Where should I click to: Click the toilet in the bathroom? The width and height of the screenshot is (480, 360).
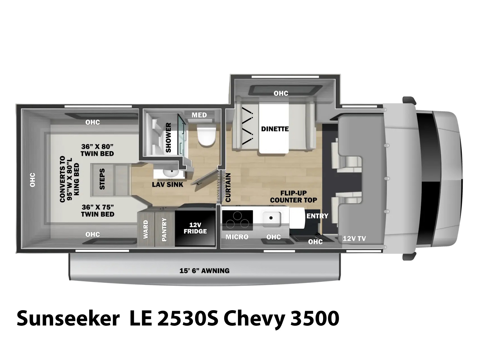(x=206, y=135)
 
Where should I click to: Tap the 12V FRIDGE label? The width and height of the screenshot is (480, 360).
(x=195, y=228)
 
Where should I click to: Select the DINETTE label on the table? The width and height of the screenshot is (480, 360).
(x=275, y=129)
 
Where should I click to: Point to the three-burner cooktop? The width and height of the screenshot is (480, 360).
(x=238, y=220)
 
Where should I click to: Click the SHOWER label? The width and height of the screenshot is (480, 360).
(x=168, y=137)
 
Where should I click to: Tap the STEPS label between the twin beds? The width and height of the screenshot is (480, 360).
(x=102, y=179)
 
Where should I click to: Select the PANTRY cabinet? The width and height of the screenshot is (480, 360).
(x=164, y=229)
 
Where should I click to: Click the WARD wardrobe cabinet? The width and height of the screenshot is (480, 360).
(x=145, y=229)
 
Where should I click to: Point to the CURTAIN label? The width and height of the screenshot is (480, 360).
(x=228, y=187)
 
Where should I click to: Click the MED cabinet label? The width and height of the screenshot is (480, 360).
(x=199, y=115)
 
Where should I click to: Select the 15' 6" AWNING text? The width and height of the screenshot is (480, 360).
(x=205, y=271)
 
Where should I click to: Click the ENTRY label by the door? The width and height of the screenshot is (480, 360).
(x=317, y=216)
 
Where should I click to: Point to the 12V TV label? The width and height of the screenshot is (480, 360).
(x=354, y=239)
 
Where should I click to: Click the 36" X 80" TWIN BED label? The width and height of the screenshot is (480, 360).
(x=97, y=150)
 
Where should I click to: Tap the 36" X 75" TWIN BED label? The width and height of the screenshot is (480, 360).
(x=97, y=211)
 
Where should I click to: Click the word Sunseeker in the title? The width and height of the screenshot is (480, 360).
(x=68, y=318)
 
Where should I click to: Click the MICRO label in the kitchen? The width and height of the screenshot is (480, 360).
(x=237, y=237)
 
